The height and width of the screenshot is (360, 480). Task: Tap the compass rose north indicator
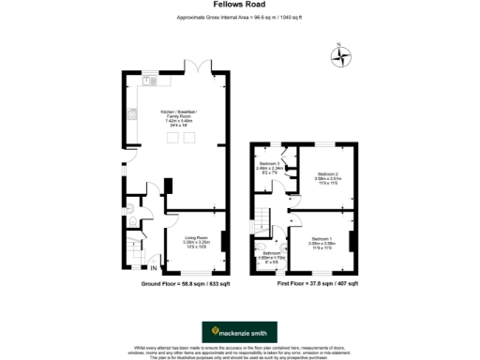pyautogui.click(x=343, y=53)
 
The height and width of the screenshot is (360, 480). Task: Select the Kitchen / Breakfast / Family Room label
pyautogui.click(x=178, y=116)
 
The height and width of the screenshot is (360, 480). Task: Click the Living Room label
pyautogui.click(x=196, y=241)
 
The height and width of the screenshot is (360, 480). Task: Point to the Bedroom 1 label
pyautogui.click(x=322, y=242)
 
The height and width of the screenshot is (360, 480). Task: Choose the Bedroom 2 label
pyautogui.click(x=327, y=177)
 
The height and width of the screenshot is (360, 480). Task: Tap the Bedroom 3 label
pyautogui.click(x=272, y=168)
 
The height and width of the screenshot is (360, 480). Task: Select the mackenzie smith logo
pyautogui.click(x=239, y=331)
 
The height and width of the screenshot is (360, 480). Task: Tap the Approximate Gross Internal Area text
pyautogui.click(x=239, y=18)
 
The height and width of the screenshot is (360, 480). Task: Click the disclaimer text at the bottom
pyautogui.click(x=239, y=352)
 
